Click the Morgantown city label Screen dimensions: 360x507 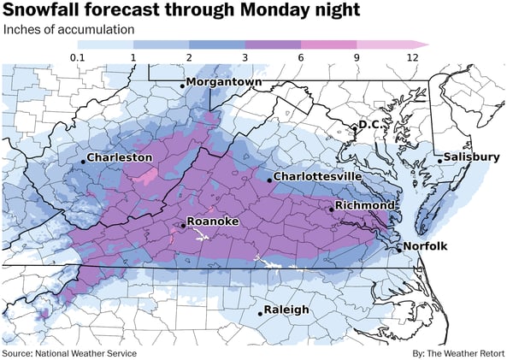coord(224,82)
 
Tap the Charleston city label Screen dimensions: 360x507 coord(120,158)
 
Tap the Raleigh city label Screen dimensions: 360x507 coord(286,310)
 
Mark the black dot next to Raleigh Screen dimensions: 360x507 coord(261,313)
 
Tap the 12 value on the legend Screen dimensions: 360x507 coord(412,58)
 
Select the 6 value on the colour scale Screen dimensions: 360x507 coord(301,58)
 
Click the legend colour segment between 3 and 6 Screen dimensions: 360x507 coord(273,44)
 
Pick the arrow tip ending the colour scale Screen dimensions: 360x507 coord(425,44)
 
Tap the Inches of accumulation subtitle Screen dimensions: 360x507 coord(68,29)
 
